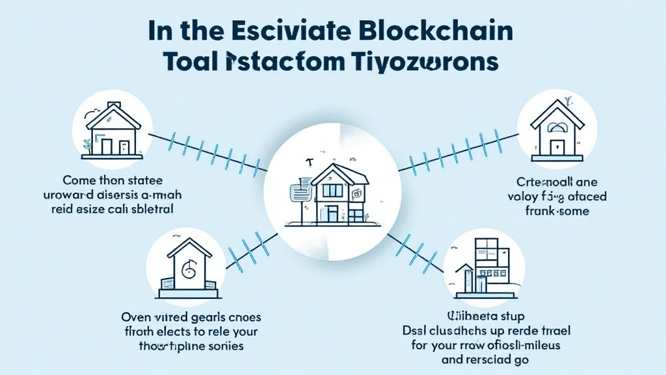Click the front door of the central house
(x=333, y=213)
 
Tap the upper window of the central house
(x=332, y=189)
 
